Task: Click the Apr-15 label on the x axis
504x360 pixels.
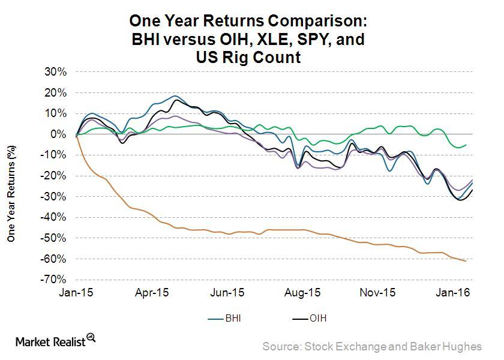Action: [153, 294]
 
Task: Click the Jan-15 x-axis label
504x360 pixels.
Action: [77, 294]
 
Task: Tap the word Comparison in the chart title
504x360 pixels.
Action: [314, 22]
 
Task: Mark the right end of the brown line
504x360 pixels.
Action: [466, 261]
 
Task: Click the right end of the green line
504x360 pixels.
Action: [466, 145]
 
